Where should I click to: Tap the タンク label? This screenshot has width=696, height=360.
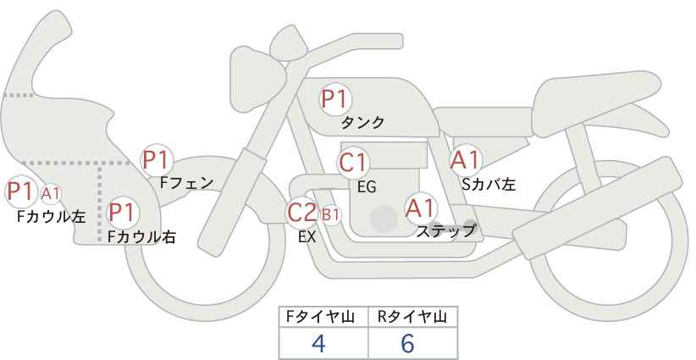(x=362, y=123)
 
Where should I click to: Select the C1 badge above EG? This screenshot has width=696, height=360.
(x=352, y=163)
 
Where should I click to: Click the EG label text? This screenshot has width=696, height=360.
(x=367, y=186)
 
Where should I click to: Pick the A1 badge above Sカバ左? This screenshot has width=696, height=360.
(x=465, y=160)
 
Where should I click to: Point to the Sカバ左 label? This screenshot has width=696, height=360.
(x=489, y=183)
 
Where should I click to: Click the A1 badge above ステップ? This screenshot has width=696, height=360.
(x=421, y=208)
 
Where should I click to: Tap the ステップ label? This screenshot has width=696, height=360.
(x=446, y=230)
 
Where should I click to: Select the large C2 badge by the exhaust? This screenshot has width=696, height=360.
(x=302, y=213)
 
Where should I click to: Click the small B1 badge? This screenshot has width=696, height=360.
(x=330, y=215)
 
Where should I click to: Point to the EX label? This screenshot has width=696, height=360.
(x=307, y=237)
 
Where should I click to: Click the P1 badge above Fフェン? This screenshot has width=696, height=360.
(x=157, y=158)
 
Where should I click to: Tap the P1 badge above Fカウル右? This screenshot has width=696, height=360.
(x=122, y=212)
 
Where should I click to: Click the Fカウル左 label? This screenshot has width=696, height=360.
(x=51, y=216)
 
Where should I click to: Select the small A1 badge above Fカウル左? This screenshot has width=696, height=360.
(x=50, y=193)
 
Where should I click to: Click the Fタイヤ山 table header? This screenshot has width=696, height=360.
(x=324, y=317)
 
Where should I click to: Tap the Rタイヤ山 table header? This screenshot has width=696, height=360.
(x=412, y=317)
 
